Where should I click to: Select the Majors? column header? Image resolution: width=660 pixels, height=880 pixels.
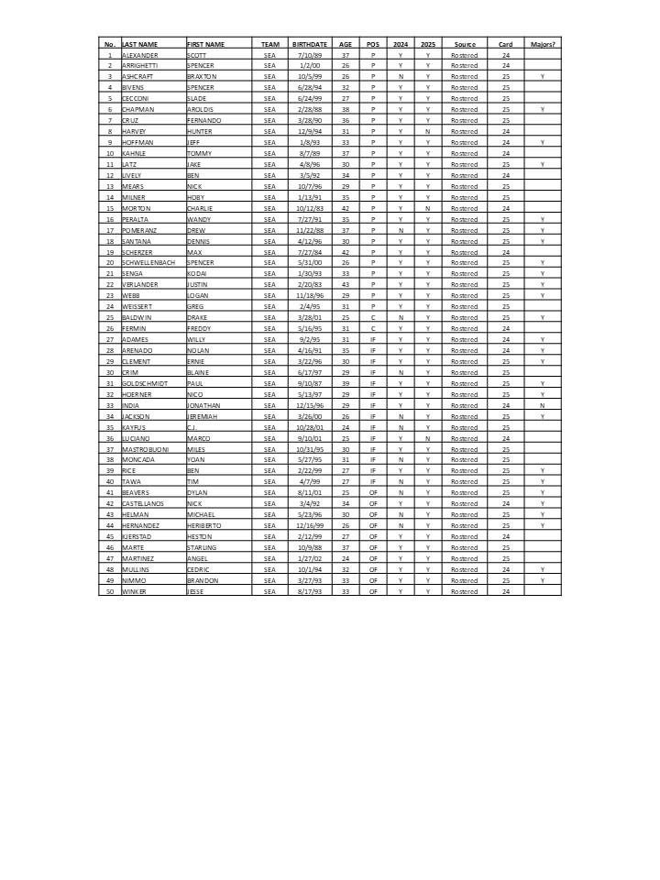tap(543, 44)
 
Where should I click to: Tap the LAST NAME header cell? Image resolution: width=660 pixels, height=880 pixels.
tap(140, 44)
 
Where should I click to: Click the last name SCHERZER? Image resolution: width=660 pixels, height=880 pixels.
tap(139, 252)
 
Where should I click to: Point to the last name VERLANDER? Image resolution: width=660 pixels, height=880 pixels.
tap(141, 284)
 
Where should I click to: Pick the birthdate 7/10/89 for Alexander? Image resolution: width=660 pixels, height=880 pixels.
tap(307, 55)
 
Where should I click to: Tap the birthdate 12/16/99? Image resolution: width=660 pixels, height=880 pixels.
tap(307, 525)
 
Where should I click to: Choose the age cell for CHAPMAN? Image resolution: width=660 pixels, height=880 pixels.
tap(346, 109)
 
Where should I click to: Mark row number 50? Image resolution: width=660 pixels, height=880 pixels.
tap(109, 591)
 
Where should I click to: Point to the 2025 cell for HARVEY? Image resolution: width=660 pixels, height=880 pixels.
tap(428, 131)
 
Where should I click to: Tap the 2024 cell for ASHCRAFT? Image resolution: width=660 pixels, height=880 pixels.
tap(401, 77)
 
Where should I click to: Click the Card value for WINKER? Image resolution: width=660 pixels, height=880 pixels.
tap(506, 591)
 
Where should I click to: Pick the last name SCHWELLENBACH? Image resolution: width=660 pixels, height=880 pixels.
tap(150, 262)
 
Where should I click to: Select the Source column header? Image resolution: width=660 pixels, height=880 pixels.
tap(465, 44)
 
